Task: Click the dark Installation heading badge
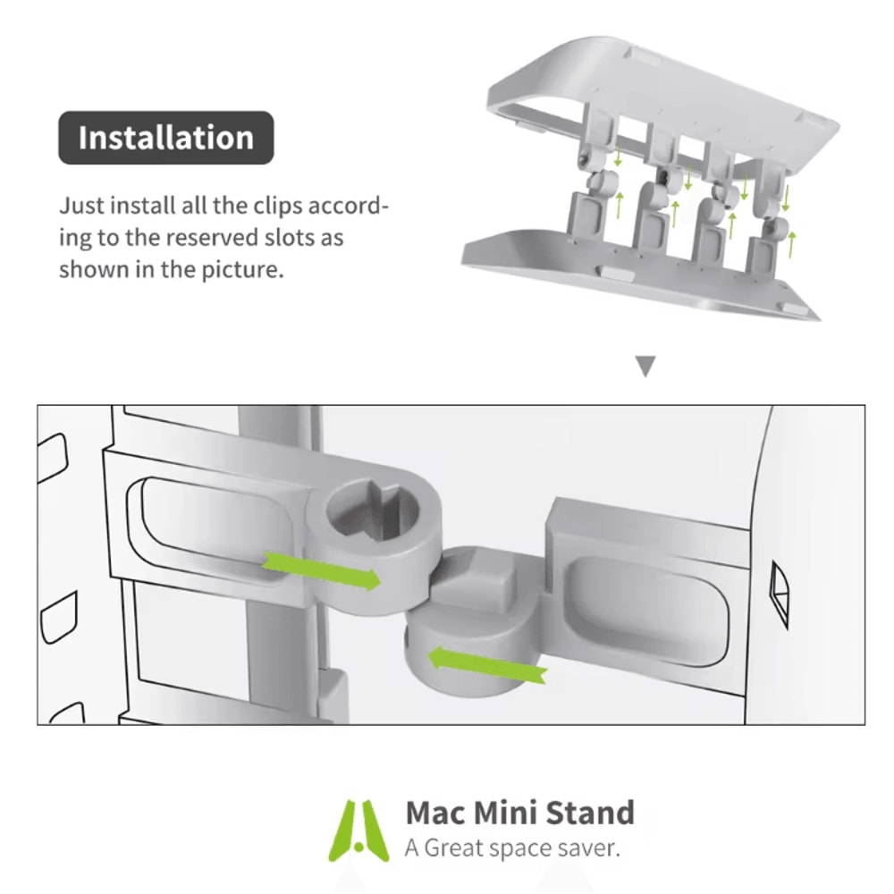[166, 138]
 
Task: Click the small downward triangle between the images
[645, 366]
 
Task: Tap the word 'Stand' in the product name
[591, 814]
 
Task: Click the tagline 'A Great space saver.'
[511, 848]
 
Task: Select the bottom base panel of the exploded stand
[626, 277]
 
